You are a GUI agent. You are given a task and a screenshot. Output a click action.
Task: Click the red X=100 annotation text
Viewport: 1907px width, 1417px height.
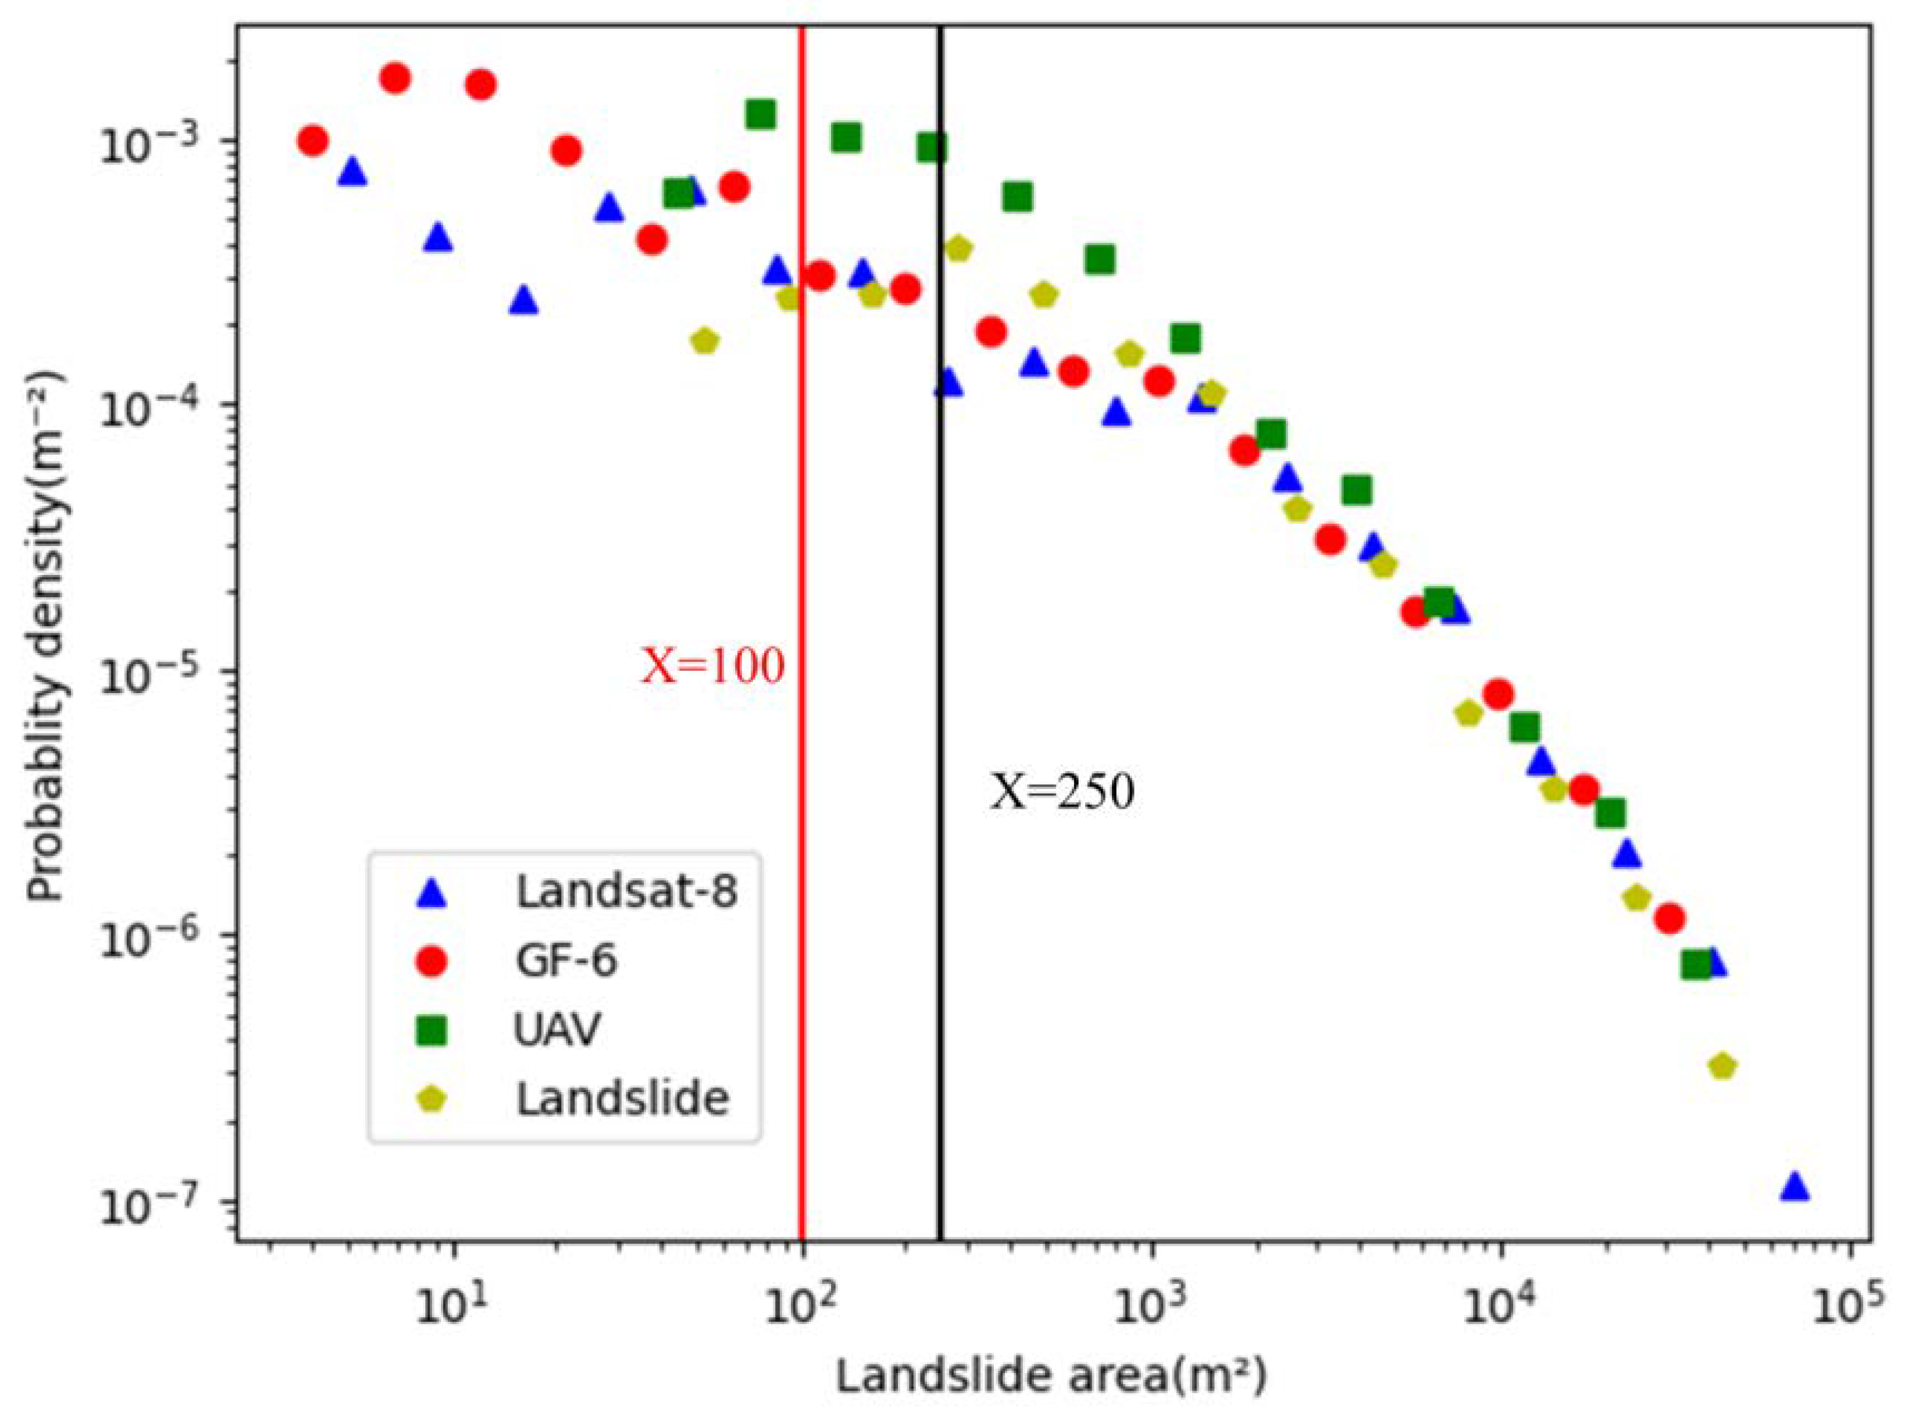[x=713, y=666]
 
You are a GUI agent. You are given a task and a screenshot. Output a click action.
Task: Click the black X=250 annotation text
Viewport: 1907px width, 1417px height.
[x=1062, y=792]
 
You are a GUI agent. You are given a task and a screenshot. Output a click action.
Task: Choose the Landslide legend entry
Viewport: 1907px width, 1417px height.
[x=622, y=1099]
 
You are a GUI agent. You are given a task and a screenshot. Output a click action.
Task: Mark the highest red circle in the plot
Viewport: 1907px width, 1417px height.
[x=395, y=78]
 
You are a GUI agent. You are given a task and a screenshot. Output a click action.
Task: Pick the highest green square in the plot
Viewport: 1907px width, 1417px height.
[x=760, y=114]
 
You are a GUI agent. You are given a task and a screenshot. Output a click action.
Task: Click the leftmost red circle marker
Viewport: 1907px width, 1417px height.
[x=312, y=140]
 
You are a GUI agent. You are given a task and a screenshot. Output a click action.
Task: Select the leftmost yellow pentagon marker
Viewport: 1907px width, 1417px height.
[x=704, y=341]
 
